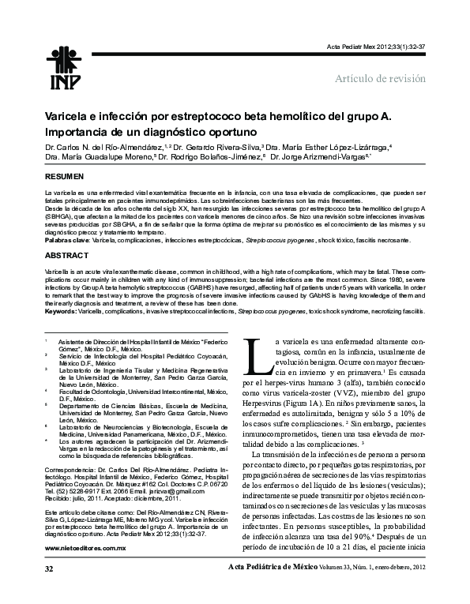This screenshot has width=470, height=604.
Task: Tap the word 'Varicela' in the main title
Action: [67, 117]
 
